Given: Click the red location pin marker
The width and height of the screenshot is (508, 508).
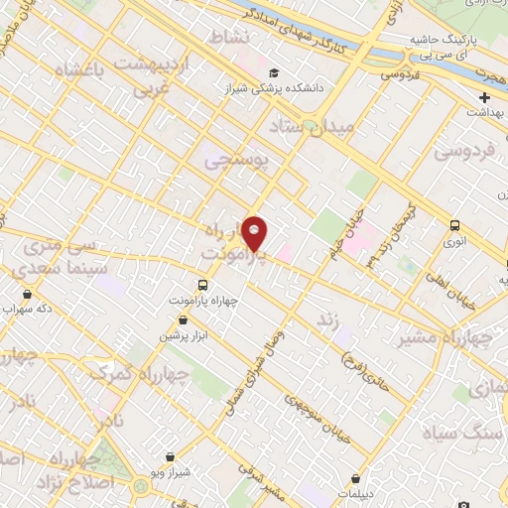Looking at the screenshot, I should tap(255, 233).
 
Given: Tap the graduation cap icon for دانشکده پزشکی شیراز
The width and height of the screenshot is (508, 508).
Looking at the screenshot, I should tap(274, 72).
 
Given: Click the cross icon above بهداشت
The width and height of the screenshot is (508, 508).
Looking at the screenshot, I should tap(484, 97).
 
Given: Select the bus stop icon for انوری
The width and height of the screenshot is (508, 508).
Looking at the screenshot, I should tap(454, 225).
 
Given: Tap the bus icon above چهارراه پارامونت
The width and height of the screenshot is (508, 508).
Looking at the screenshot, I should tap(203, 286).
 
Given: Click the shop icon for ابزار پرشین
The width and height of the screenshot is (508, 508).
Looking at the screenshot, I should tap(184, 319).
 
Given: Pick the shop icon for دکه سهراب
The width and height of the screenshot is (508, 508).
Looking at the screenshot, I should tap(26, 294).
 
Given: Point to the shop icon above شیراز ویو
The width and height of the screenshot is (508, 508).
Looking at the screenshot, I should tap(171, 457).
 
